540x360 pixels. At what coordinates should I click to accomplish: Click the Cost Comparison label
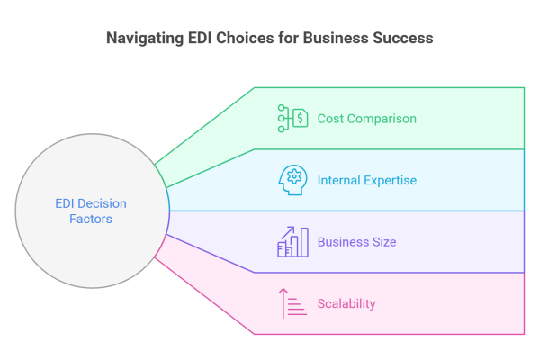(366, 119)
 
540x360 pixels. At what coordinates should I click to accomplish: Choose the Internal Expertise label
(366, 180)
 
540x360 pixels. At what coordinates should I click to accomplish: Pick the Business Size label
(356, 242)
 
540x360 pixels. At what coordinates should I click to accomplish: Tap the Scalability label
(346, 303)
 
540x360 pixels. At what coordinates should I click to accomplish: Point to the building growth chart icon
(292, 241)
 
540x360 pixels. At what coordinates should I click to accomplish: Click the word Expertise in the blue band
(390, 180)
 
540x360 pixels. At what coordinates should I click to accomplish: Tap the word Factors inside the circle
(93, 220)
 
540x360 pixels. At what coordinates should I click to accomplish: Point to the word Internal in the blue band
(339, 180)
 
